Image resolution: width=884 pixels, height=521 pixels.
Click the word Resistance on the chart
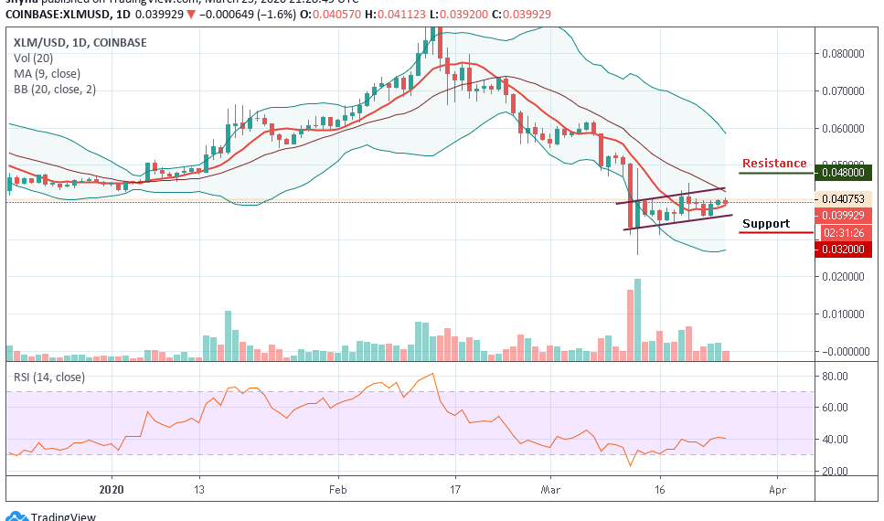773,164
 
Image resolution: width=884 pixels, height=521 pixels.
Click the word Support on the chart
765,224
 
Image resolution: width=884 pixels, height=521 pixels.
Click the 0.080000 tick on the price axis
847,54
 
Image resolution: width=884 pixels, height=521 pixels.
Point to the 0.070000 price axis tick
847,91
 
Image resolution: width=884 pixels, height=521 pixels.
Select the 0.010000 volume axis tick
847,314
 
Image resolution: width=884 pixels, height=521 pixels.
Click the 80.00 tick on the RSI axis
834,376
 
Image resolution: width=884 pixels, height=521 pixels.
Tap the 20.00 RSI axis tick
834,471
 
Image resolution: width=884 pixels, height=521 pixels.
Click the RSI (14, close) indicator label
48,377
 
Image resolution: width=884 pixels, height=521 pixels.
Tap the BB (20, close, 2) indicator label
55,90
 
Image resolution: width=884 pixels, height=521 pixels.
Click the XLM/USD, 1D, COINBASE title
80,42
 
